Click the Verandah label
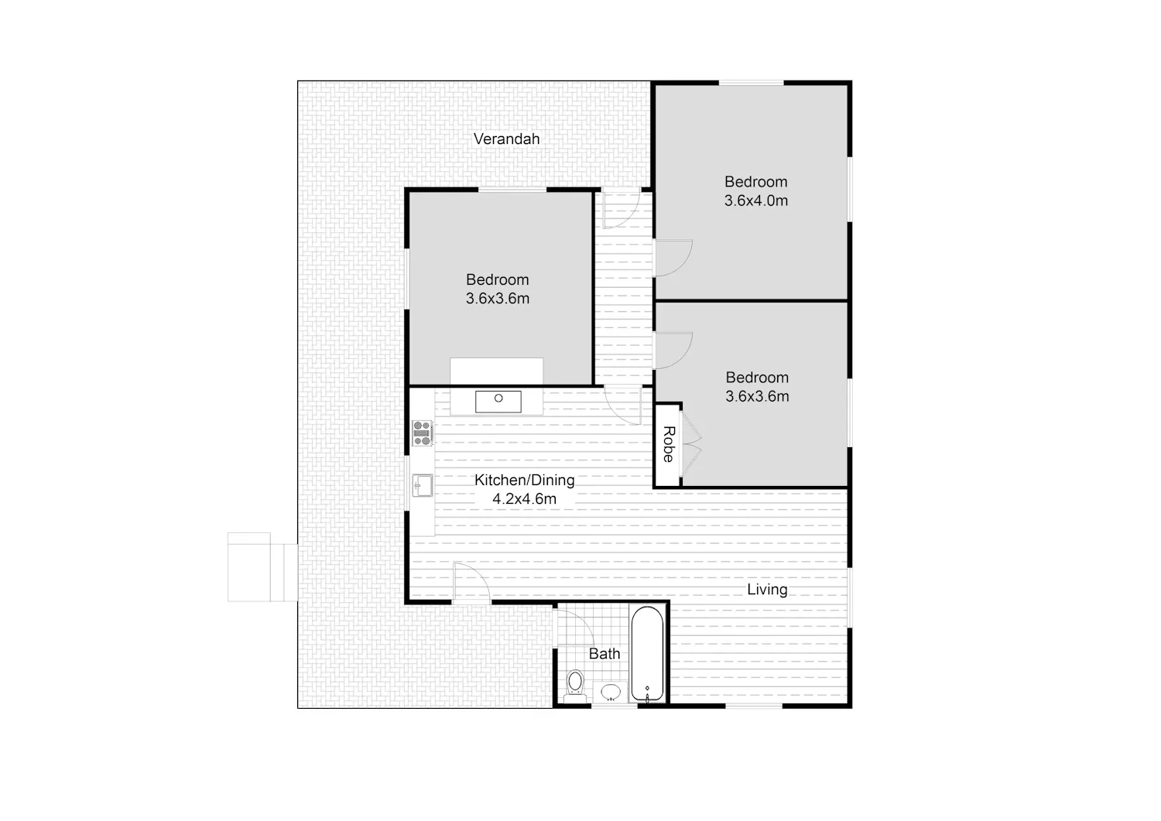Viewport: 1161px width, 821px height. [506, 139]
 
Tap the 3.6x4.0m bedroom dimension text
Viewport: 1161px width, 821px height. [756, 200]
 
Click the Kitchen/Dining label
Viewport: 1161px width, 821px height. [525, 481]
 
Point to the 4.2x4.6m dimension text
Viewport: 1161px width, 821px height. [525, 499]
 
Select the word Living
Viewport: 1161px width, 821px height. [767, 590]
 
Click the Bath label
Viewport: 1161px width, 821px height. [604, 654]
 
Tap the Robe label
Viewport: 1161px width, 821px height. [669, 444]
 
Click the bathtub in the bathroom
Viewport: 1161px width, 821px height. [647, 654]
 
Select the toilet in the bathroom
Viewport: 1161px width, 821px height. [575, 686]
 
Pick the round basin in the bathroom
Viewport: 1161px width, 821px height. [611, 692]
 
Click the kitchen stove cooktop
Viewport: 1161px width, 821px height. [423, 433]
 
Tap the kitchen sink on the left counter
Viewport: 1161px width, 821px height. [423, 486]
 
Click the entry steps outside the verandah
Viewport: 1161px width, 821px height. [263, 567]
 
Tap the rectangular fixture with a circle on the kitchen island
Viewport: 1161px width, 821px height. [498, 402]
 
